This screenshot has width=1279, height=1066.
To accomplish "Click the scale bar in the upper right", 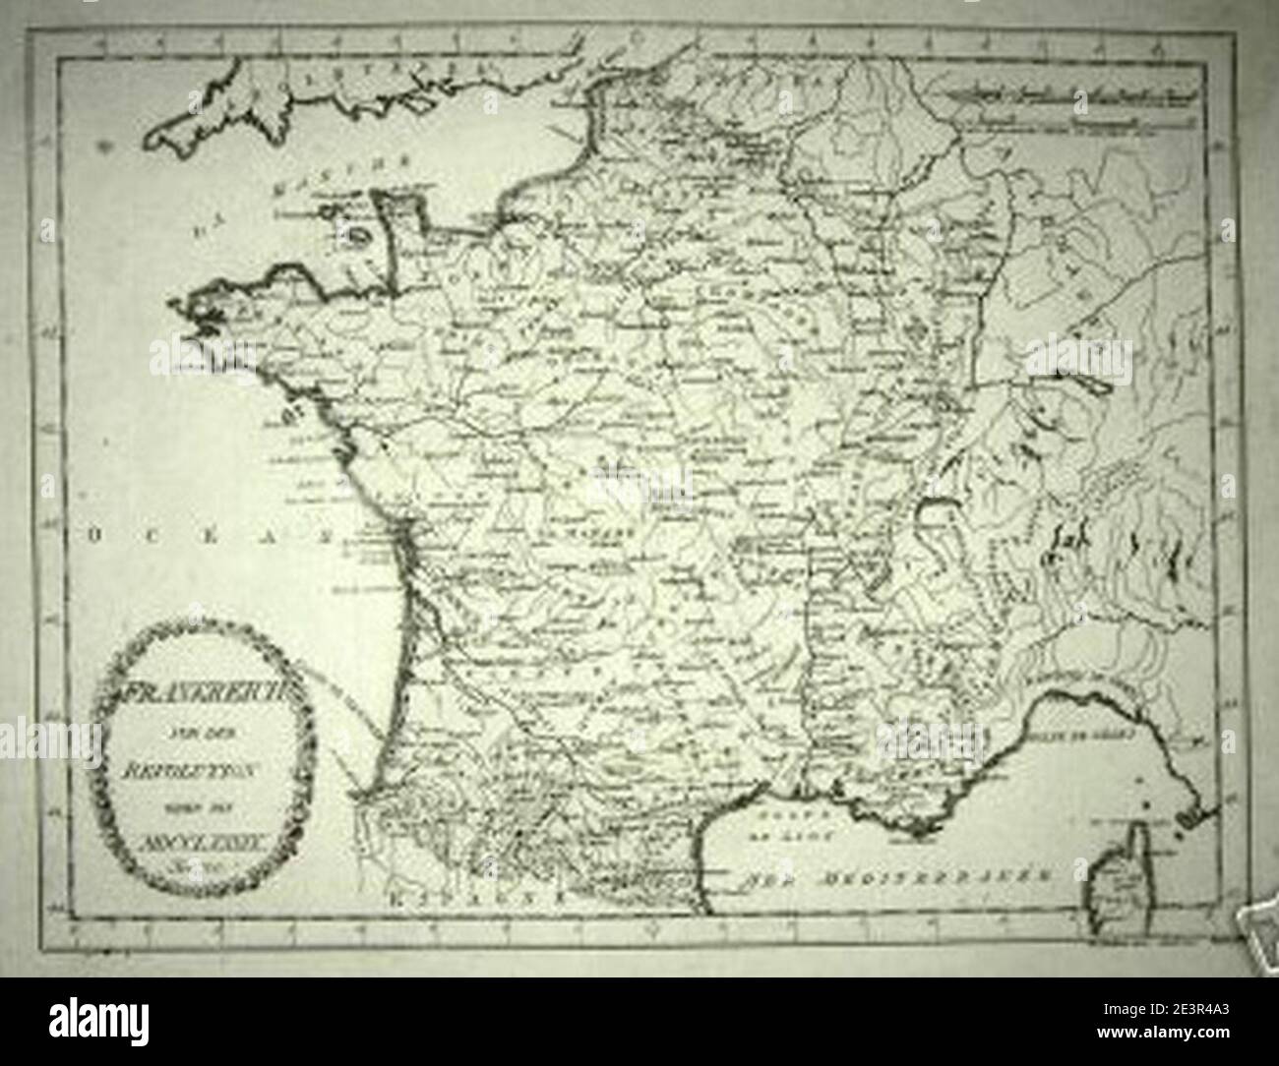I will pyautogui.click(x=1063, y=110).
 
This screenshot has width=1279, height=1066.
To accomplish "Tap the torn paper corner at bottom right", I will pyautogui.click(x=1254, y=919).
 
